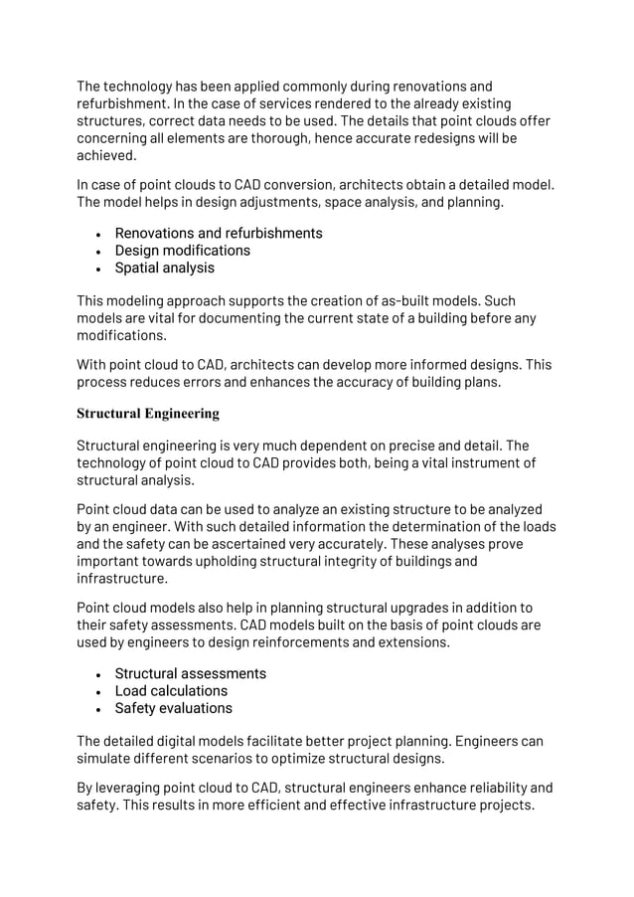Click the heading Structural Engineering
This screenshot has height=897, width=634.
pyautogui.click(x=148, y=412)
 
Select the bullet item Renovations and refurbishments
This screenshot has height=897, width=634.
pyautogui.click(x=218, y=233)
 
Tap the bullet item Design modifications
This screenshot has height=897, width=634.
pyautogui.click(x=182, y=251)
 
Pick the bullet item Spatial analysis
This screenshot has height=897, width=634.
pyautogui.click(x=164, y=269)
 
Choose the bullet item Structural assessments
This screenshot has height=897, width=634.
pyautogui.click(x=190, y=673)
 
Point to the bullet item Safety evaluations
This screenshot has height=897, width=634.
pyautogui.click(x=173, y=708)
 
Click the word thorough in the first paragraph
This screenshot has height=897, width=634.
pyautogui.click(x=272, y=139)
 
